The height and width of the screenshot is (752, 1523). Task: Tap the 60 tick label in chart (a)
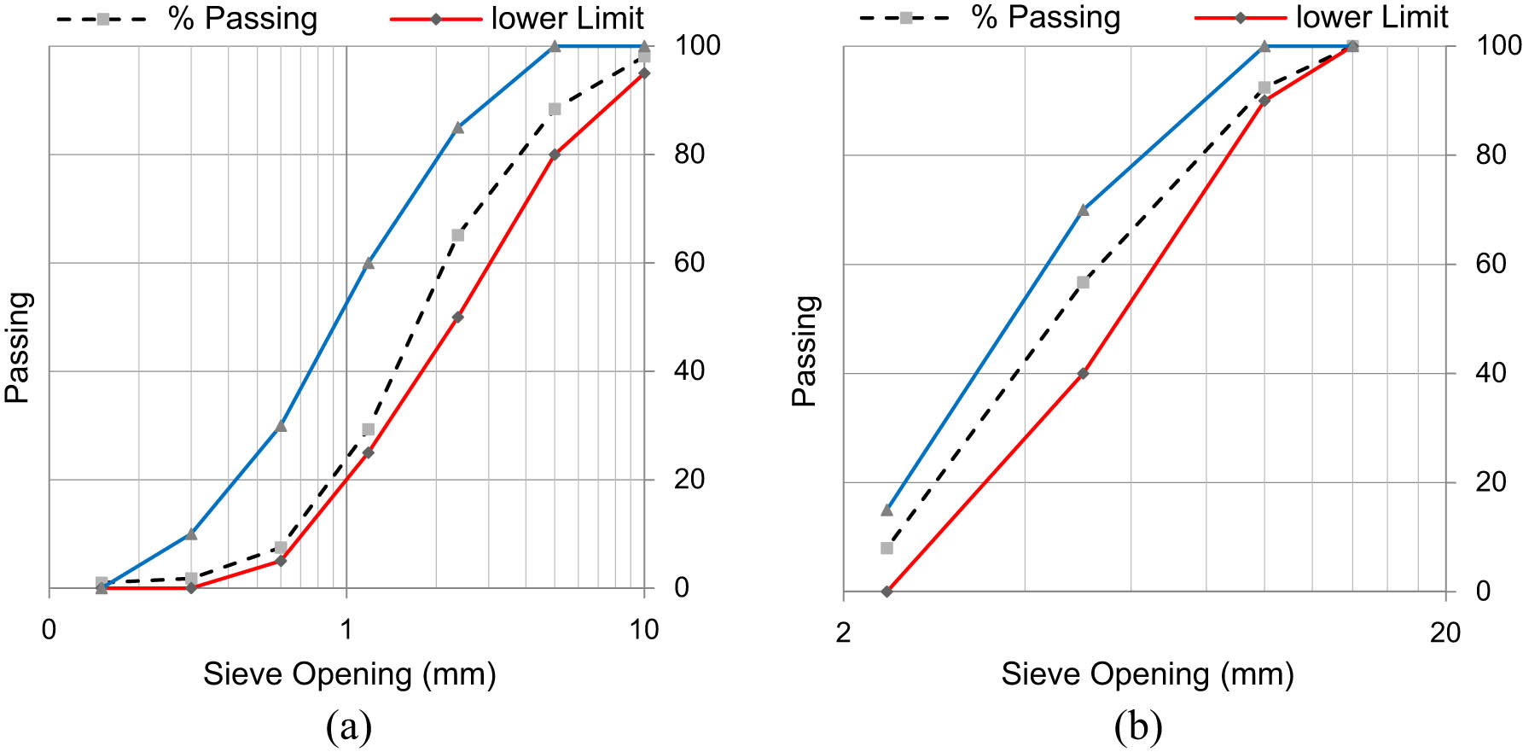tap(689, 262)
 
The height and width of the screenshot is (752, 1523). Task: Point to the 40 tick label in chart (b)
tap(1491, 372)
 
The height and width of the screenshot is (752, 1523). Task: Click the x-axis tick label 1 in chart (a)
tap(346, 630)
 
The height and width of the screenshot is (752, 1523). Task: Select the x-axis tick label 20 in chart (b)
tap(1445, 632)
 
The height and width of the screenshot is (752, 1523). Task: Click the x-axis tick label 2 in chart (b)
tap(843, 632)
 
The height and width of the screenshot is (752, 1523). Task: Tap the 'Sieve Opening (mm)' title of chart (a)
tap(349, 674)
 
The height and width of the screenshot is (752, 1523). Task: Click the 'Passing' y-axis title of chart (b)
tap(805, 350)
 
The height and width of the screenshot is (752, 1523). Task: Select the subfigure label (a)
tap(349, 727)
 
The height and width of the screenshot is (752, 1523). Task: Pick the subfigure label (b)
tap(1138, 727)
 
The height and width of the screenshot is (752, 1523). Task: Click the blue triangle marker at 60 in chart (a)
tap(369, 263)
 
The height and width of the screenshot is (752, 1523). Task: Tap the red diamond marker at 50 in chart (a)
tap(457, 317)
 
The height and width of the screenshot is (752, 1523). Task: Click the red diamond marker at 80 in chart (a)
tap(555, 154)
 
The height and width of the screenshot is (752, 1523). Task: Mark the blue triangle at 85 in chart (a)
tap(457, 127)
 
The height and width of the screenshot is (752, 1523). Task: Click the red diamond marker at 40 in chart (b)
tap(1083, 373)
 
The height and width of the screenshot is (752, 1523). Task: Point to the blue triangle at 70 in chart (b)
tap(1083, 209)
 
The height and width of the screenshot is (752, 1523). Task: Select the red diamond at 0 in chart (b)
tap(886, 591)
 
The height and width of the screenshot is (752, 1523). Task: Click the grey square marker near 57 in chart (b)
tap(1083, 283)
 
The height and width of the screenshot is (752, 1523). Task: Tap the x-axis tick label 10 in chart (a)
tap(644, 630)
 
